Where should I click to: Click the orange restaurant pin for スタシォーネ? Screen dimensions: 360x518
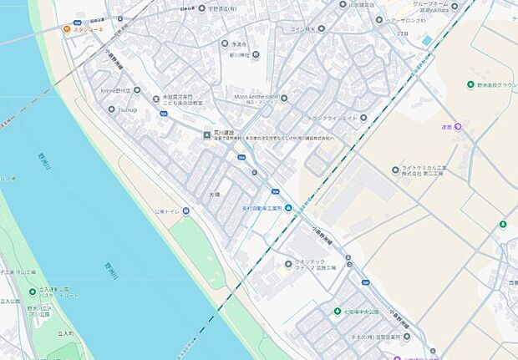click(67, 28)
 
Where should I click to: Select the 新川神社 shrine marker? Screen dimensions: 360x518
click(256, 55)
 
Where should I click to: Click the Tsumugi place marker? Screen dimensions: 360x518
click(112, 109)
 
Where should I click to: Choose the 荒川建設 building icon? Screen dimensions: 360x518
click(208, 133)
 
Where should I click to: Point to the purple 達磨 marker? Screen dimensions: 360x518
click(458, 126)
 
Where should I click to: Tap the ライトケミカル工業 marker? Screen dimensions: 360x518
click(395, 170)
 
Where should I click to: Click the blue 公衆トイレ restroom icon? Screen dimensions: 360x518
click(185, 211)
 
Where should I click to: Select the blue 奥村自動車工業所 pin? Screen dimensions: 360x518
click(288, 208)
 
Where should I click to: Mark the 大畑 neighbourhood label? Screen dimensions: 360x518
click(215, 194)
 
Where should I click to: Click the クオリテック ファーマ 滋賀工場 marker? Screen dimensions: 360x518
click(288, 264)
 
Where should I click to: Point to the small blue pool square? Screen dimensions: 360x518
click(428, 40)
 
